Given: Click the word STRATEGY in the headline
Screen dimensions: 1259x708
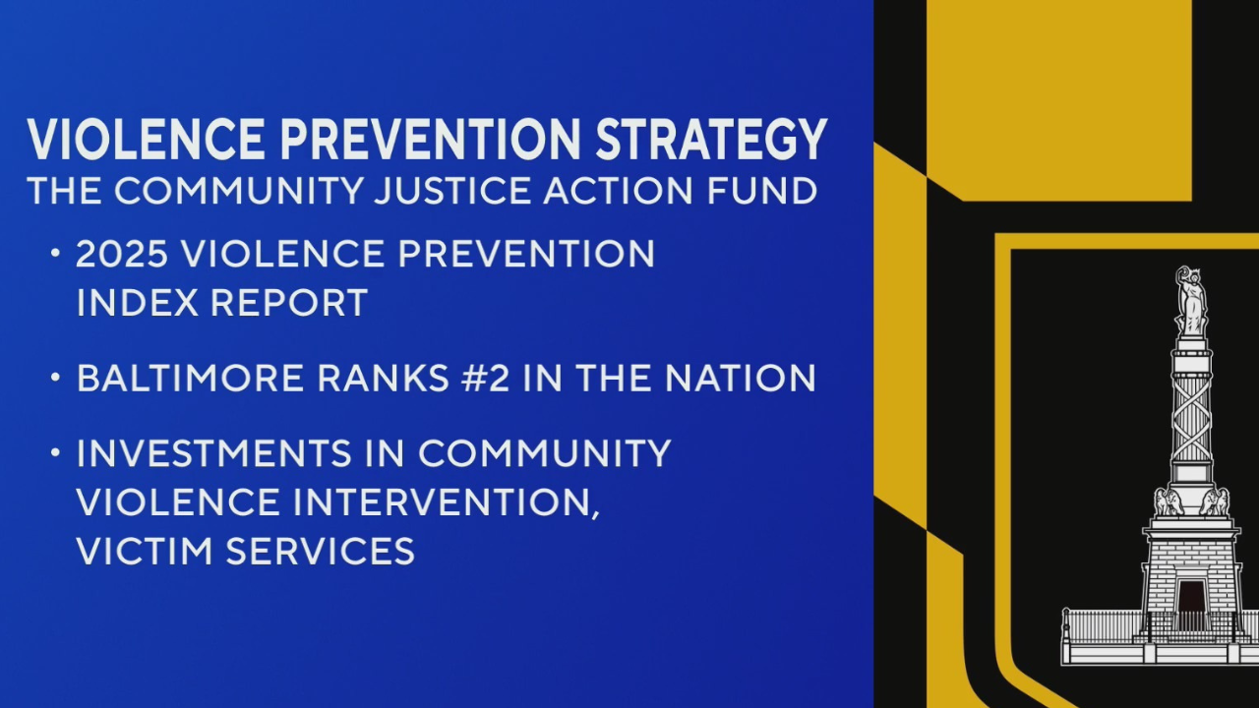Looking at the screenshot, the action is point(711,140).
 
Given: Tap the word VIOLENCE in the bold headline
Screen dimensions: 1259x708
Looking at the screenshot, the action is point(146,140).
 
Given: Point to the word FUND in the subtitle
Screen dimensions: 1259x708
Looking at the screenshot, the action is point(761,191).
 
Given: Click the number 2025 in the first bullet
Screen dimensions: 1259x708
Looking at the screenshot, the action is point(121,254).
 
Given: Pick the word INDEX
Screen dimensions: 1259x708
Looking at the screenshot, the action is point(137,303).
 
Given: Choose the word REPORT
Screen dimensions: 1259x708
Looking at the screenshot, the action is point(289,303).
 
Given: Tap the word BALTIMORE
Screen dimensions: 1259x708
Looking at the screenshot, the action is point(190,378).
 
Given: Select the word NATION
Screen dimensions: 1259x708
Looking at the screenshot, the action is point(741,378).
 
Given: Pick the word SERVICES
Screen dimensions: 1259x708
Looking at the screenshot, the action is point(321,551).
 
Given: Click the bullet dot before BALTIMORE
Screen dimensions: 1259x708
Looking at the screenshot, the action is point(55,377).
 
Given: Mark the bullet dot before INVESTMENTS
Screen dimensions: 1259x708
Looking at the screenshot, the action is point(55,451).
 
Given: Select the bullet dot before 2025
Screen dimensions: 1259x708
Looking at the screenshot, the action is point(55,253).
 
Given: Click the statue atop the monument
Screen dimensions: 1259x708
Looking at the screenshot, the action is point(1191,301).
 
